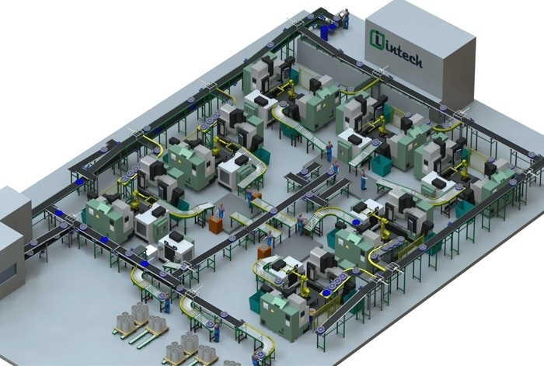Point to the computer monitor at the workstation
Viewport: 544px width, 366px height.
point(337,15)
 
